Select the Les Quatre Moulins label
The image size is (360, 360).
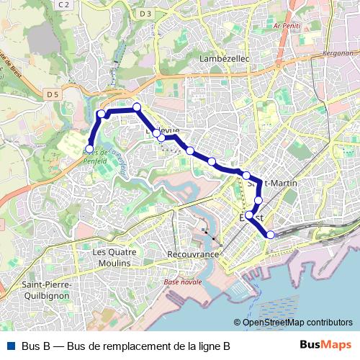pos(112,257)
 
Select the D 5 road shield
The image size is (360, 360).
pos(53,94)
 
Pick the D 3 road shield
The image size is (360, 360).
pos(146,14)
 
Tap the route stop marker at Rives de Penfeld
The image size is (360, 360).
pos(89,148)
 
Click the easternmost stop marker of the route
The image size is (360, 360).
pos(271,234)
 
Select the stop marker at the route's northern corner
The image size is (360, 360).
pos(136,107)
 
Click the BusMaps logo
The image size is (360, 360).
pos(325,345)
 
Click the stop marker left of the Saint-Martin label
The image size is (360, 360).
pos(246,176)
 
